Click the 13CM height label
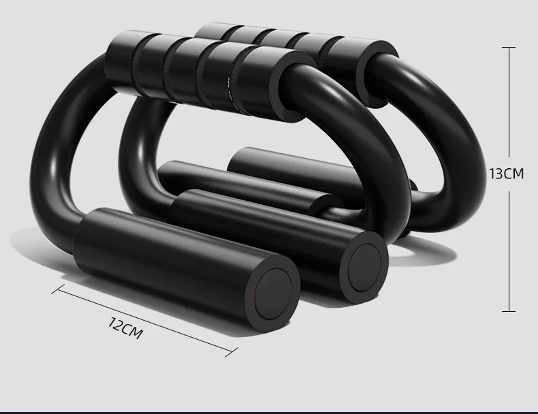506,173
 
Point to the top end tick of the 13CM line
508,48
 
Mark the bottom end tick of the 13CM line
508,311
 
